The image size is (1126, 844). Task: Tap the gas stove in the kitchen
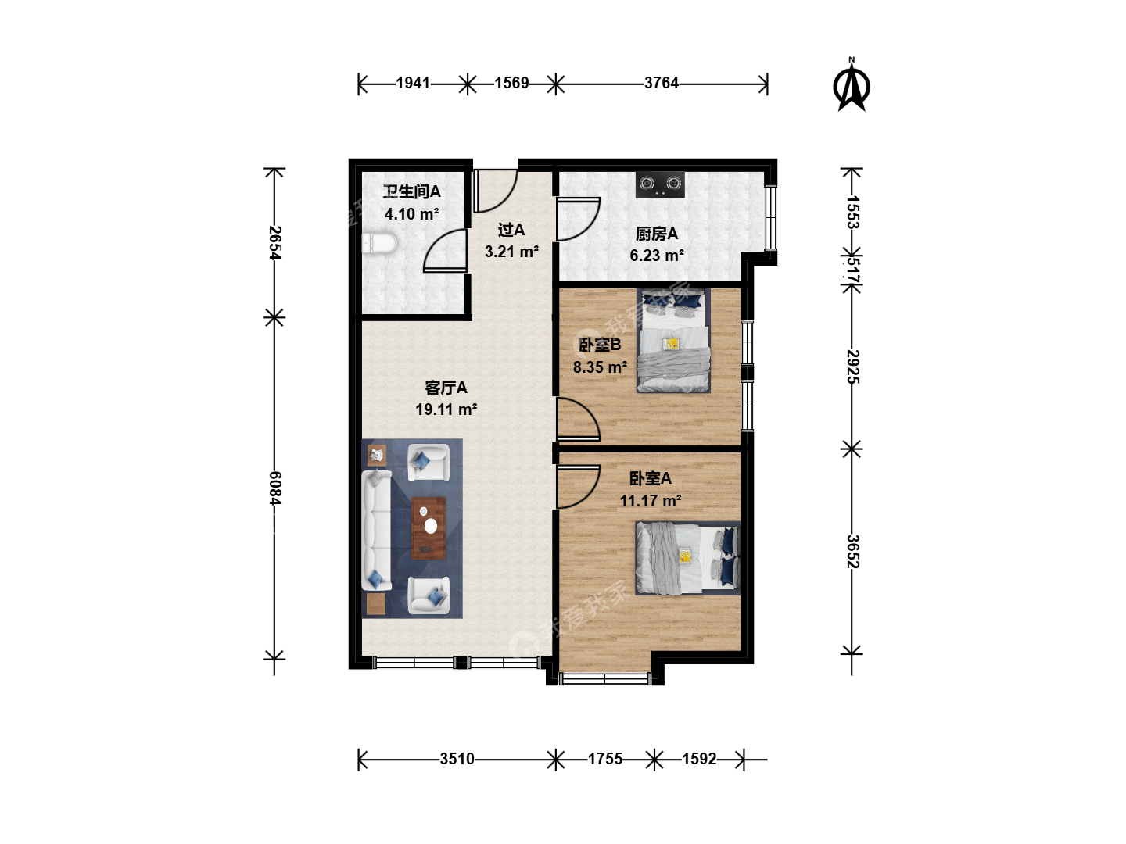pos(660,184)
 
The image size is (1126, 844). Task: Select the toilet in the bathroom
pos(379,243)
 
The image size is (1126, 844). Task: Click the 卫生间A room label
pos(411,191)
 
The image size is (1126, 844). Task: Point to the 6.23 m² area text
pos(657,256)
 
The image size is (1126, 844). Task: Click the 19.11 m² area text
pos(446,409)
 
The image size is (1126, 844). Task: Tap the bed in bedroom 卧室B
pos(673,341)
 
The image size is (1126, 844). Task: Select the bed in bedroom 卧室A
pos(688,558)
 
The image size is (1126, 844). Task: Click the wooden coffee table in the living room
pos(429,527)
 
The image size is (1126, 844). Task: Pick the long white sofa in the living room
pos(377,531)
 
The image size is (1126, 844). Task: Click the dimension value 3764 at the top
pos(662,83)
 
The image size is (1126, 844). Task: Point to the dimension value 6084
pos(275,488)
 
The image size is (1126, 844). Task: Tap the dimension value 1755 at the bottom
pos(604,759)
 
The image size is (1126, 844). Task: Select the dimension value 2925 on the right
pos(852,367)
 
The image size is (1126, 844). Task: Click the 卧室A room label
pos(650,478)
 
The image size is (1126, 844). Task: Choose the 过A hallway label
pos(511,230)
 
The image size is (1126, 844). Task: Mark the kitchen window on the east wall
pos(770,217)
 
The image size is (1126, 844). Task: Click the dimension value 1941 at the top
pos(413,83)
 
